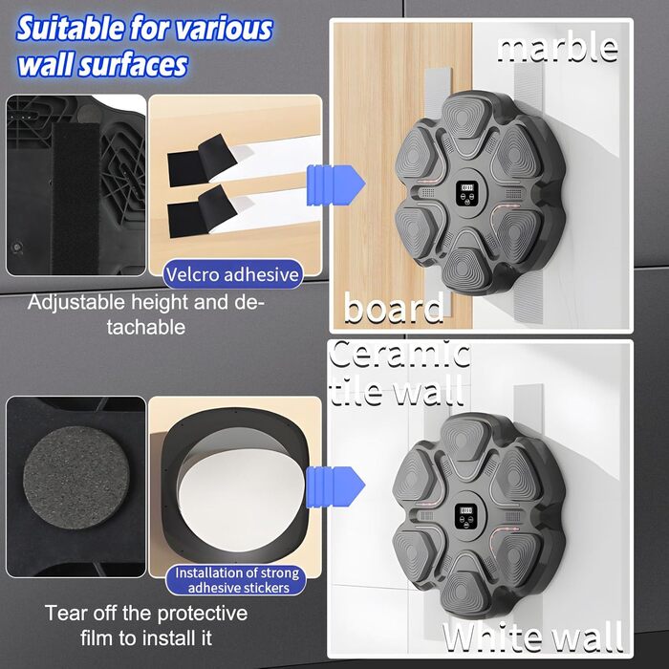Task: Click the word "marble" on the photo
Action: (557, 49)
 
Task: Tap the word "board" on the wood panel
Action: (394, 307)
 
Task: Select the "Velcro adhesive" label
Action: (232, 274)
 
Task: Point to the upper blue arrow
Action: (335, 185)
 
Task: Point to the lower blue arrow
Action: (335, 486)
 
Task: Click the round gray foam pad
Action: (76, 478)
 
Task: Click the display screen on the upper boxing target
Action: (466, 188)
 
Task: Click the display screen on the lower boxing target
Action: (466, 511)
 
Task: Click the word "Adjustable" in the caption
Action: (76, 303)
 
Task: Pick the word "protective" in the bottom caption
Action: (202, 614)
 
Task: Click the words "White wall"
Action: (532, 637)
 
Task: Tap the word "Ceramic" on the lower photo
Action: (399, 354)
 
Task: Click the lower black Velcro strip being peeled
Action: (202, 212)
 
